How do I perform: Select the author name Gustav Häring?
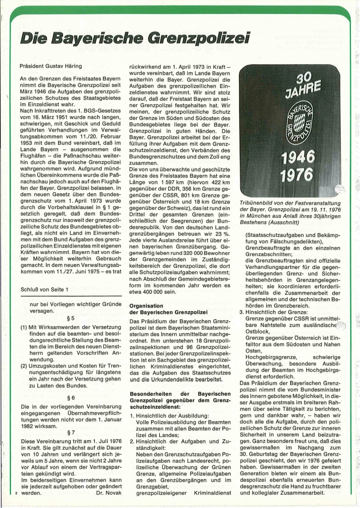click(x=61, y=66)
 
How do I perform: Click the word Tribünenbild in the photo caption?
click(x=258, y=203)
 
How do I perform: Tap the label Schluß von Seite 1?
click(x=44, y=290)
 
